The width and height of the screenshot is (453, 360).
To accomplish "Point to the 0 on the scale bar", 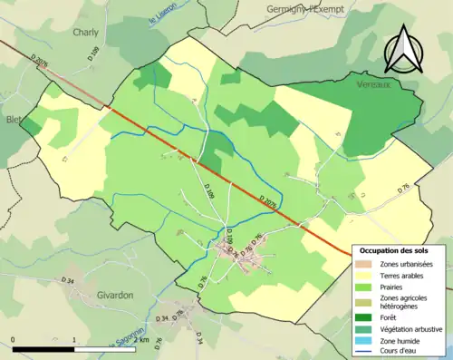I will [x=14, y=340].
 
